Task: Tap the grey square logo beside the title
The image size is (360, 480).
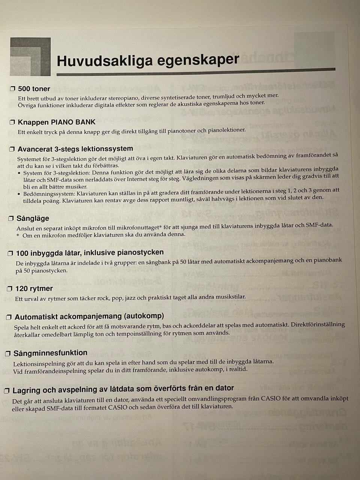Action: click(30, 57)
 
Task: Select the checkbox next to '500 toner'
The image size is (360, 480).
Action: click(12, 89)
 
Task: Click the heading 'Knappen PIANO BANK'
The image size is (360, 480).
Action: click(57, 122)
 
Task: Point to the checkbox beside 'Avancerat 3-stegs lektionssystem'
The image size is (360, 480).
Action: click(12, 149)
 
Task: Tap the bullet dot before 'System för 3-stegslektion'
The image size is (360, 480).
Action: click(19, 173)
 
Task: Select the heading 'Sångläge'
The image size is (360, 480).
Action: click(33, 218)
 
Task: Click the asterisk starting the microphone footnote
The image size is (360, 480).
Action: click(18, 235)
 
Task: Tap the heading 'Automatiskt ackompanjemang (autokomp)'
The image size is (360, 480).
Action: click(89, 316)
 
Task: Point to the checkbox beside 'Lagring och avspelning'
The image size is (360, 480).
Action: click(7, 391)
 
